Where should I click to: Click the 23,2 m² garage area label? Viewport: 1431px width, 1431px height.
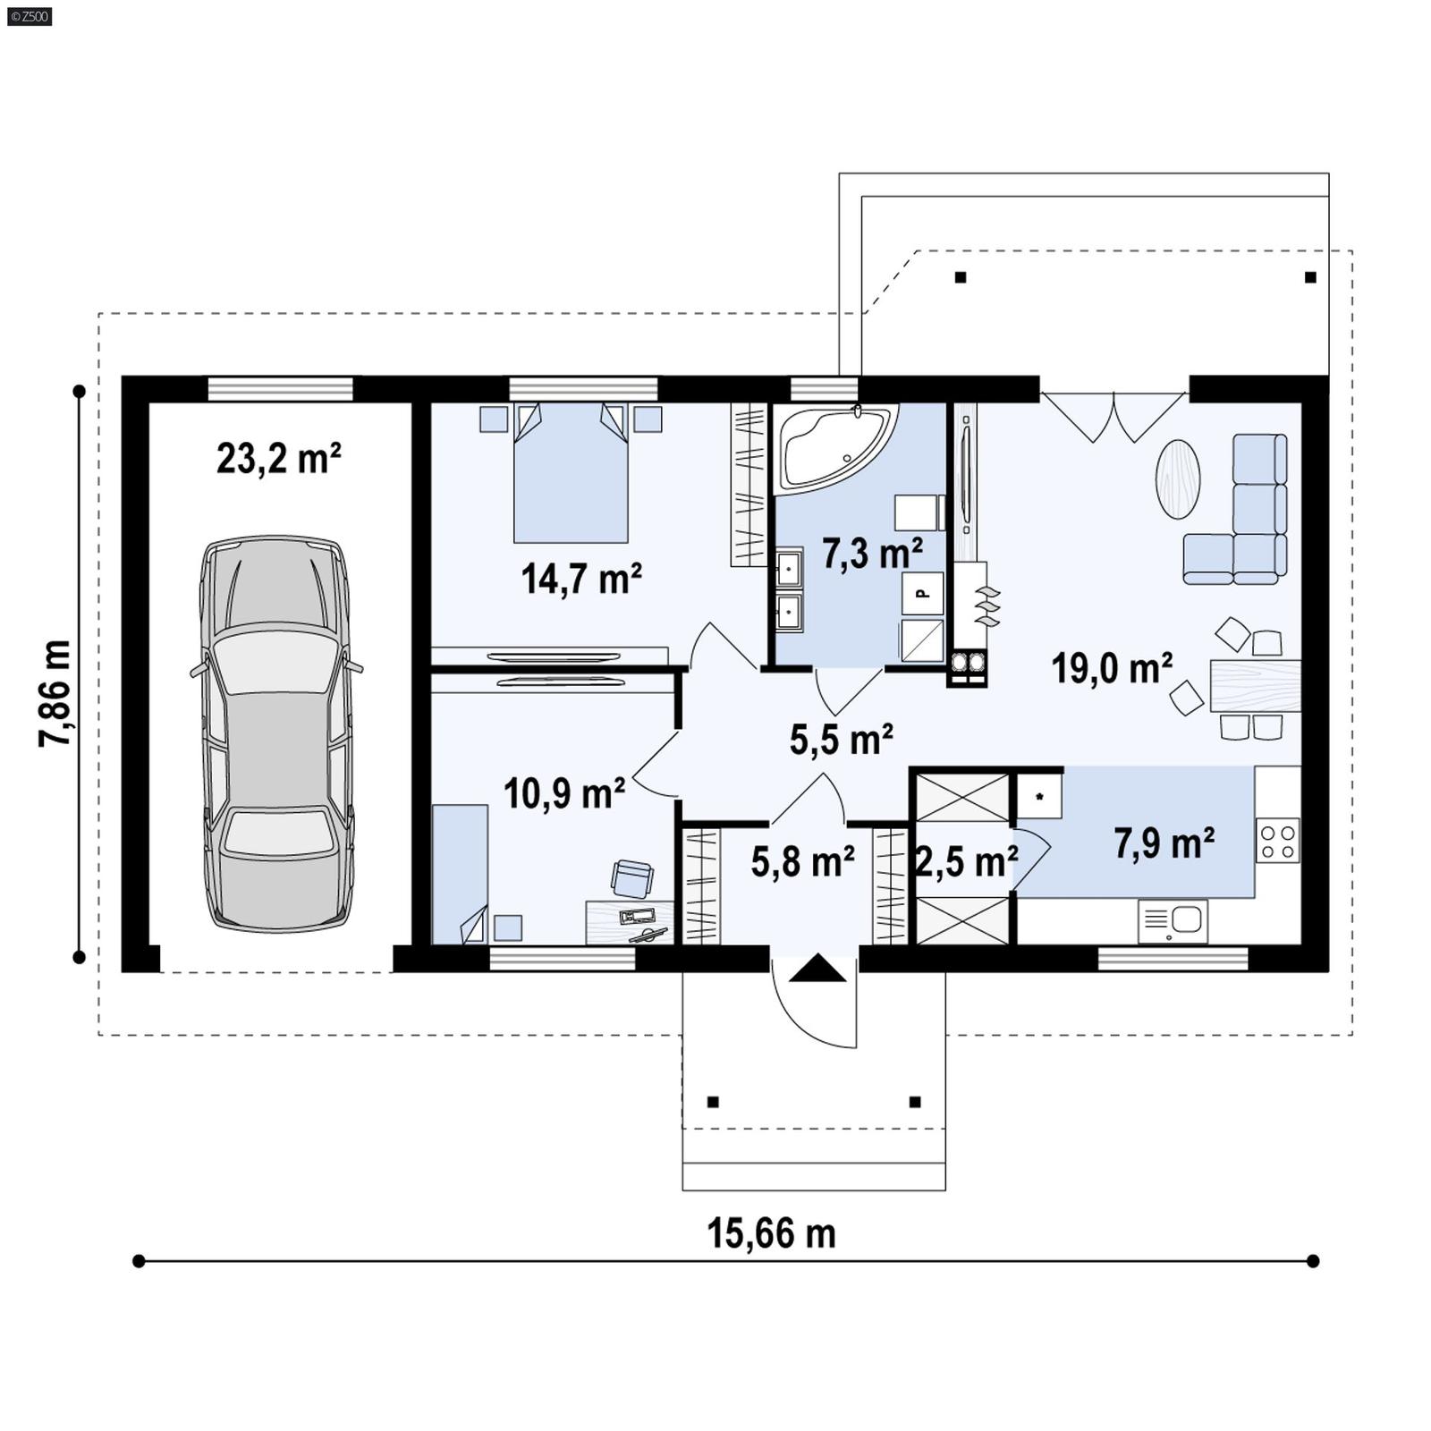click(x=278, y=459)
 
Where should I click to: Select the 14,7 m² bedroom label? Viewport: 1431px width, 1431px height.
click(x=581, y=580)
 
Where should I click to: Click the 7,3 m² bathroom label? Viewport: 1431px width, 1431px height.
click(x=872, y=554)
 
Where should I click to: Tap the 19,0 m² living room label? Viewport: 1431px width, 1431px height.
click(x=1112, y=668)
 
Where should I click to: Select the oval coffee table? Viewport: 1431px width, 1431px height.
click(x=1178, y=478)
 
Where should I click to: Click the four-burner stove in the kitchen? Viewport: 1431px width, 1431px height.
click(x=1277, y=841)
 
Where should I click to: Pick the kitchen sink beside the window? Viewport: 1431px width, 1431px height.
click(x=1173, y=920)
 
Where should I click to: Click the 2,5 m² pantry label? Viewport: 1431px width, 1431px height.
click(x=966, y=862)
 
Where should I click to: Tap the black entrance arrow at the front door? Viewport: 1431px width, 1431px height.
click(x=817, y=969)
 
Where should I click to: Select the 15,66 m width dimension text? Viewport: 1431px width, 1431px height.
click(x=771, y=1234)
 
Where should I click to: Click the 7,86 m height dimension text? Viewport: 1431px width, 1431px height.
click(x=55, y=693)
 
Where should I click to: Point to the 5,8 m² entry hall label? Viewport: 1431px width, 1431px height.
click(x=802, y=862)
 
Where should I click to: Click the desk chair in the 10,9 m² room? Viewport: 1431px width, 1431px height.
click(x=632, y=878)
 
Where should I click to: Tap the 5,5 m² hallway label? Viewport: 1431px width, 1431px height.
click(x=841, y=740)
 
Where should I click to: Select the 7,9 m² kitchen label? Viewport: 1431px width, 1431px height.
click(x=1164, y=843)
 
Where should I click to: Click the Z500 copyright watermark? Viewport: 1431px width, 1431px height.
click(x=29, y=15)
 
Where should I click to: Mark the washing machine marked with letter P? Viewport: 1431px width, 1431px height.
click(x=922, y=593)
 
